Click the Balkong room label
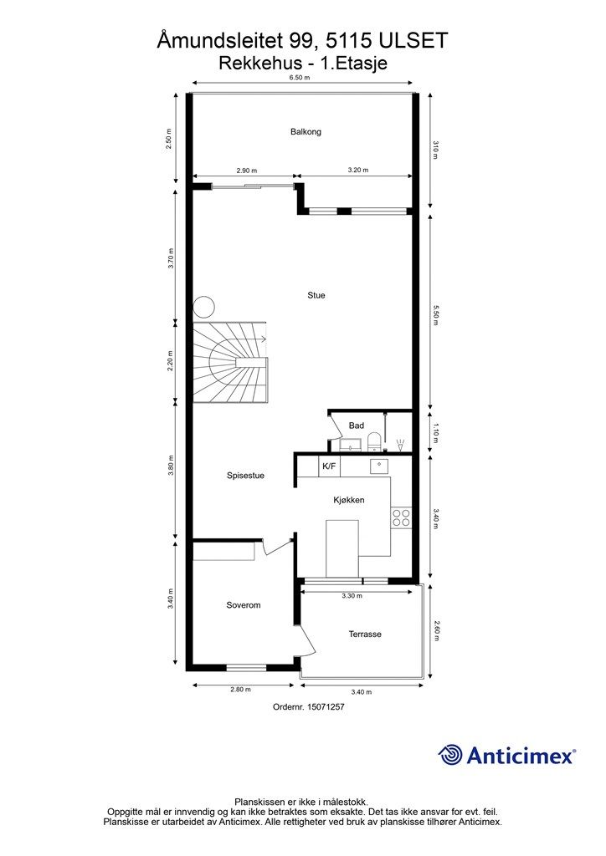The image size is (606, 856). click(x=306, y=132)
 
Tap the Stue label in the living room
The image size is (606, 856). click(x=316, y=295)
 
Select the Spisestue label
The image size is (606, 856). click(x=245, y=476)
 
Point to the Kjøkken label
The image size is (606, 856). click(x=347, y=500)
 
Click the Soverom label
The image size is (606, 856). click(x=244, y=605)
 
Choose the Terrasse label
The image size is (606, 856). click(x=365, y=634)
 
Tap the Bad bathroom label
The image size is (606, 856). click(x=357, y=426)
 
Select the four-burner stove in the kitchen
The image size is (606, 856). click(x=401, y=517)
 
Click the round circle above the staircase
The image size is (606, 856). click(x=204, y=307)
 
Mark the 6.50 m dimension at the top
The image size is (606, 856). click(x=300, y=77)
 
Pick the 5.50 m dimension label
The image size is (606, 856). click(x=436, y=313)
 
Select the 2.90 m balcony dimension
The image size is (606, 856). click(x=246, y=171)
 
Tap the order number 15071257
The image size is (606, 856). click(x=309, y=706)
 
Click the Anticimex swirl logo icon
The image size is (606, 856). click(x=451, y=755)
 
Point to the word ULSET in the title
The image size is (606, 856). click(x=416, y=39)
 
